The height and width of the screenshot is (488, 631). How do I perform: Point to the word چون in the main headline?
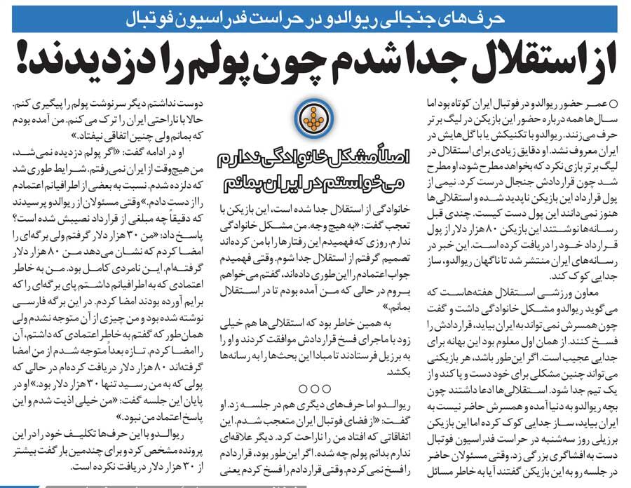coord(301,63)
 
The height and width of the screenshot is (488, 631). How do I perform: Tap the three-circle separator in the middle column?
coord(314,388)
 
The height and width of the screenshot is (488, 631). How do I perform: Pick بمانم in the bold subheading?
coord(241,184)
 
